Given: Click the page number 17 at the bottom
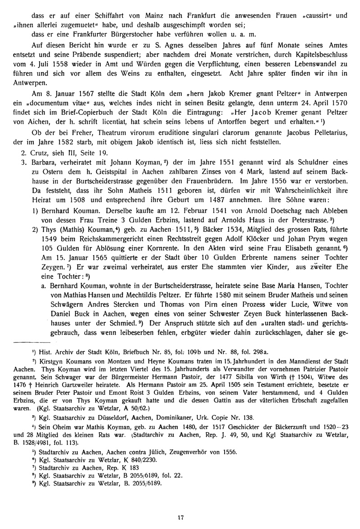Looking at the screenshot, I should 180,518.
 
